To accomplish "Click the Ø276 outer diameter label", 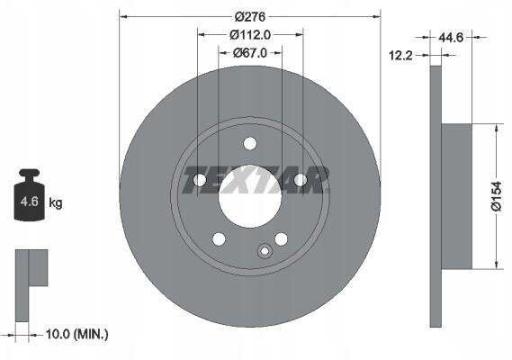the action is click(250, 17).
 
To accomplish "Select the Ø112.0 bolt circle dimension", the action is click(250, 34).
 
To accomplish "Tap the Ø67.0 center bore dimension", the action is click(250, 52).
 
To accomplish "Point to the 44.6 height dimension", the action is click(451, 38).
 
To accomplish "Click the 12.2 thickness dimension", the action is click(400, 56).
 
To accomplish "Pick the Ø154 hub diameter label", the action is click(497, 196).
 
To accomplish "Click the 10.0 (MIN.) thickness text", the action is click(76, 334).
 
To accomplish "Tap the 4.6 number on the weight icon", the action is click(30, 202).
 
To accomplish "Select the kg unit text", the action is click(55, 203).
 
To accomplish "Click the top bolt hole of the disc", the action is click(250, 143).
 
